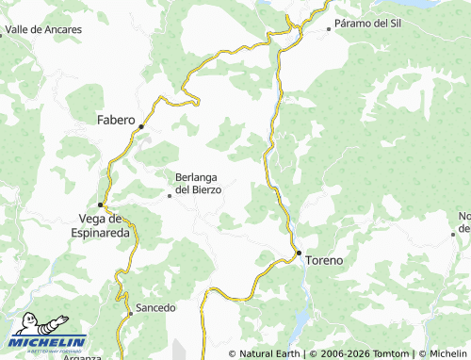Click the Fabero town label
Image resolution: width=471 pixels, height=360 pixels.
116,120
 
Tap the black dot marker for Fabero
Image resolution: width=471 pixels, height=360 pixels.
141,126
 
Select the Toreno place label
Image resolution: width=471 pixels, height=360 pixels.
325,258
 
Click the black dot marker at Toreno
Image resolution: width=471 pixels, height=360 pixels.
299,253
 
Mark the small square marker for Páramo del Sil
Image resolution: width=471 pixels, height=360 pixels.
329,29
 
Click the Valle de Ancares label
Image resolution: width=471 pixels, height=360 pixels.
43,30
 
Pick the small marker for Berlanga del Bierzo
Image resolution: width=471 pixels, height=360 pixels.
170,196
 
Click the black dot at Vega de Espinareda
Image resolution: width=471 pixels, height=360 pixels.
101,205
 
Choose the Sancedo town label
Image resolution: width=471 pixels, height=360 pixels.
155,308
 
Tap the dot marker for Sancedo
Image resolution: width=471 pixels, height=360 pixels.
130,308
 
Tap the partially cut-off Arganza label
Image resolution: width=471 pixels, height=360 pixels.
86,357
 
